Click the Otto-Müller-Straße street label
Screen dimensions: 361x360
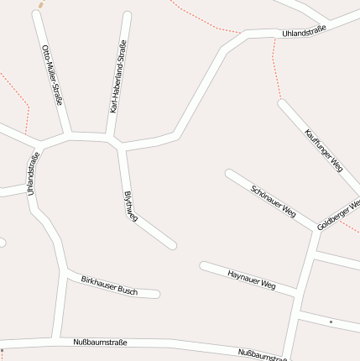52,75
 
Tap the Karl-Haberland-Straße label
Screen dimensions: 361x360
118,76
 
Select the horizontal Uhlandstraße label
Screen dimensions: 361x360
304,32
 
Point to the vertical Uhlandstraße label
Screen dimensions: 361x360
34,175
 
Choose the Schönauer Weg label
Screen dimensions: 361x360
274,198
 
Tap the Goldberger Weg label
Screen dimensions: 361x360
339,216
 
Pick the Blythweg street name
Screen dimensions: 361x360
130,206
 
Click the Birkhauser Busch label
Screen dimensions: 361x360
109,285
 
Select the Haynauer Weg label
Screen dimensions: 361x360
252,279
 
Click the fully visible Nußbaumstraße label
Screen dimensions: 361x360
100,342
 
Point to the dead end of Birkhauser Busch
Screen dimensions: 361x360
156,294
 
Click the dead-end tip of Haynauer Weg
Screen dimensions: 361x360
203,266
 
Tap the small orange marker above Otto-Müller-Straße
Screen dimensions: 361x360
40,5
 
